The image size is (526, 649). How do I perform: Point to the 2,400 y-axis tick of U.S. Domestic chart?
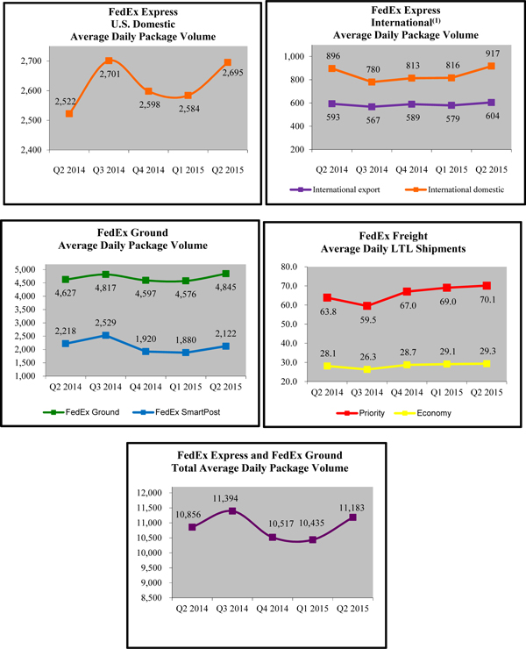tap(39, 150)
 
